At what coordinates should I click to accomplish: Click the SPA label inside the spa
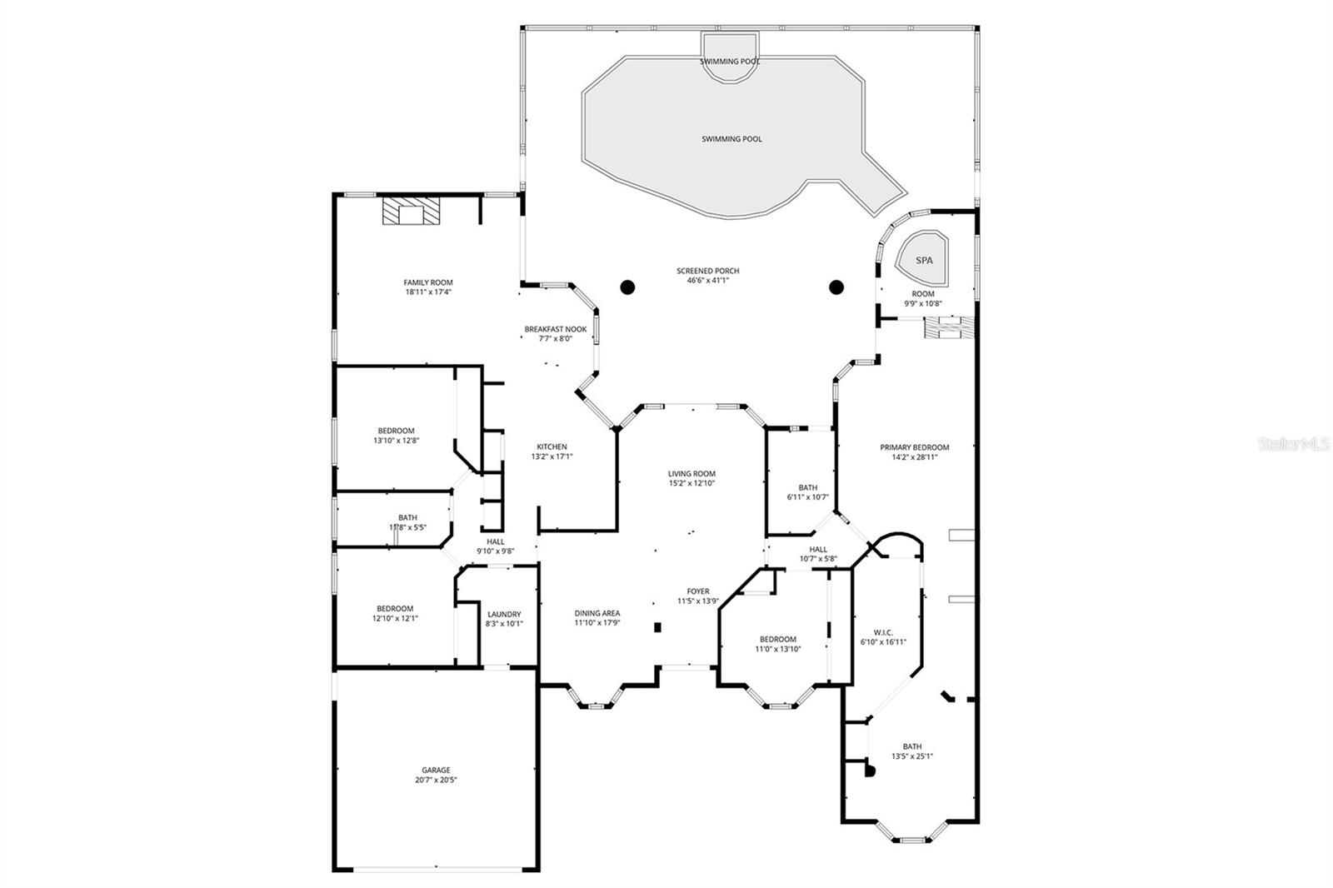coord(924,260)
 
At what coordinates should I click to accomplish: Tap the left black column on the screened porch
coord(627,287)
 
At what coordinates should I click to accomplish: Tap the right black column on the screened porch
coord(836,287)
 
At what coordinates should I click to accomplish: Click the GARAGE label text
coord(436,770)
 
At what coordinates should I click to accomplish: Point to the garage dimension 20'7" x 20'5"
coord(436,781)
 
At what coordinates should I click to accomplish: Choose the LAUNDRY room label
coord(503,614)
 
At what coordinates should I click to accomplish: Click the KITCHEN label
coord(552,446)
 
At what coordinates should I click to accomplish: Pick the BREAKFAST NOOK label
coord(555,329)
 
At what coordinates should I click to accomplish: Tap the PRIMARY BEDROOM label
coord(914,447)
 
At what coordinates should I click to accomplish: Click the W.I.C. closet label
coord(883,631)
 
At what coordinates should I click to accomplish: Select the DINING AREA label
coord(597,613)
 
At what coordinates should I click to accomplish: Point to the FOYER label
coord(697,591)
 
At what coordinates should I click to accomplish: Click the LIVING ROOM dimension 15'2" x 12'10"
coord(691,483)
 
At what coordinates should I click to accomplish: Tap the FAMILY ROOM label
coord(428,282)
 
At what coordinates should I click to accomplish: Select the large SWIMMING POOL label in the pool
coord(731,139)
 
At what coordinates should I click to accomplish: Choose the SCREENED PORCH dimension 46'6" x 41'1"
coord(707,281)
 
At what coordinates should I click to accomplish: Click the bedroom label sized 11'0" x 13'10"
coord(776,639)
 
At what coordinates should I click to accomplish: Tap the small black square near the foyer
coord(657,627)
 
